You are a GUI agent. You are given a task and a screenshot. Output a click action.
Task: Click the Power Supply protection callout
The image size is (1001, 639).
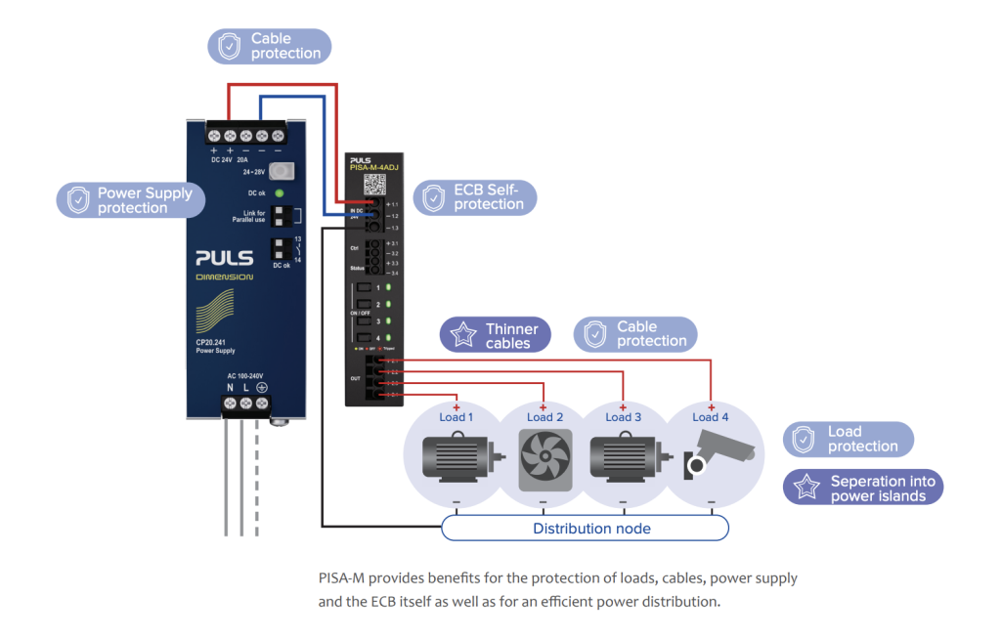[131, 200]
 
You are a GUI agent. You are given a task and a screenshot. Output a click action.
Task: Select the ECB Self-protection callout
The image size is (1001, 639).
[475, 197]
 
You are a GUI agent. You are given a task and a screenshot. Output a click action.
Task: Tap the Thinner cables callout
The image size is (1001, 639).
[496, 335]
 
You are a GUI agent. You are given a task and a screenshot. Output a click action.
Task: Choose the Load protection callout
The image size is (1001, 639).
[849, 439]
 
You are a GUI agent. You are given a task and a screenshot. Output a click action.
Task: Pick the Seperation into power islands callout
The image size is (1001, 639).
[863, 488]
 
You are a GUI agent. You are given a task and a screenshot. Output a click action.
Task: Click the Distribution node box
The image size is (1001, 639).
[586, 529]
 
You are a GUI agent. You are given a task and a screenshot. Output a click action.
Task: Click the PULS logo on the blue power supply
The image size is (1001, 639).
[224, 259]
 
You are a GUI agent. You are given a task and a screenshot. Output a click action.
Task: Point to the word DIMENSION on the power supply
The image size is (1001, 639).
[224, 277]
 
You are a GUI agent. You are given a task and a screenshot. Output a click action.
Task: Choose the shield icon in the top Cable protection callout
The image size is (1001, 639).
[229, 46]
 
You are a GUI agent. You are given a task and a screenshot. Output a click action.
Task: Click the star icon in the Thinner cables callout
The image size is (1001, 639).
[461, 335]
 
